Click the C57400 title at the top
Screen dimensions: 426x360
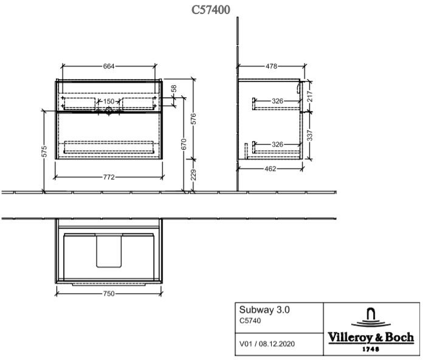[211, 10]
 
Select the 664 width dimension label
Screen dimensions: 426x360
[109, 66]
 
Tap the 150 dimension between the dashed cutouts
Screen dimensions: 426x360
[109, 102]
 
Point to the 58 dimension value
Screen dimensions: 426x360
[174, 89]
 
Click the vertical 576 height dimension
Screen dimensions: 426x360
[193, 119]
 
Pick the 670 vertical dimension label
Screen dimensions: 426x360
[184, 144]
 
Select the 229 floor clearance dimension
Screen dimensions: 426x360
[193, 175]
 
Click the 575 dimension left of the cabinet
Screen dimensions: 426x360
[44, 151]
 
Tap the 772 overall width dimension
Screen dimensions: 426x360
[109, 178]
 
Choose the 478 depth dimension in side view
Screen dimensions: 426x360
[272, 66]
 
